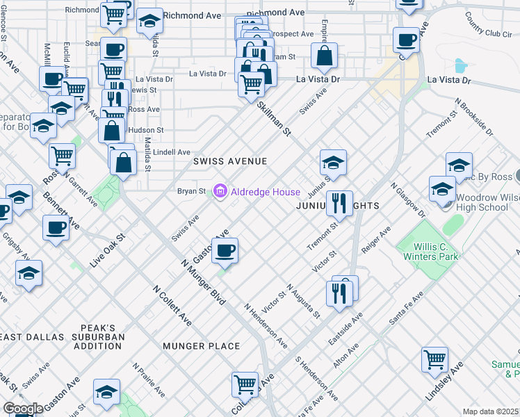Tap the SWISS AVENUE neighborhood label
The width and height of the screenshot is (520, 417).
pyautogui.click(x=230, y=161)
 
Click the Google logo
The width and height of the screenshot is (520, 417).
pyautogui.click(x=23, y=409)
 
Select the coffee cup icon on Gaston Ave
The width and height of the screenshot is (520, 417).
pyautogui.click(x=224, y=251)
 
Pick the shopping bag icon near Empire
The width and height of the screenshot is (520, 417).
pyautogui.click(x=324, y=56)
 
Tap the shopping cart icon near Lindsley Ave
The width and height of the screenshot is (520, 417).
pyautogui.click(x=434, y=359)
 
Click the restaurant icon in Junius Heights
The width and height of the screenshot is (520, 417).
pyautogui.click(x=339, y=203)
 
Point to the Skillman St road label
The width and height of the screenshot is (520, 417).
pyautogui.click(x=273, y=119)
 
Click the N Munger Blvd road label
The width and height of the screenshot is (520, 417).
pyautogui.click(x=202, y=283)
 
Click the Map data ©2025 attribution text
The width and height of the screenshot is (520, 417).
pyautogui.click(x=491, y=411)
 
